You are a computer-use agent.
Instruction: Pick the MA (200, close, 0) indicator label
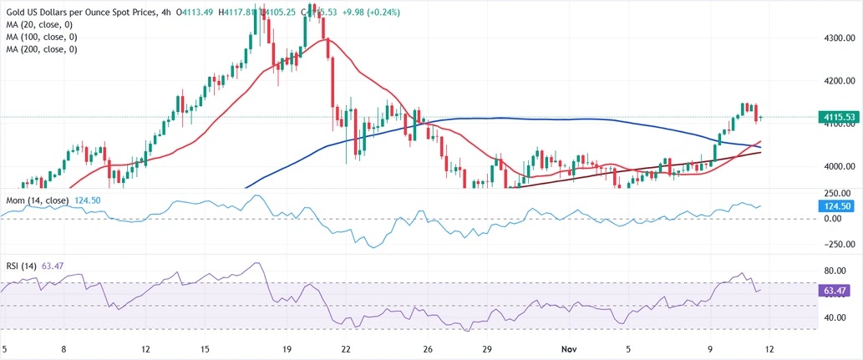[x=42, y=49]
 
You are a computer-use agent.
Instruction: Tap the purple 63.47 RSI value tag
[x=835, y=291]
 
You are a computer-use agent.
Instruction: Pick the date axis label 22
[x=345, y=347]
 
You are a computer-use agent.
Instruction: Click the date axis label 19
[x=287, y=347]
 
